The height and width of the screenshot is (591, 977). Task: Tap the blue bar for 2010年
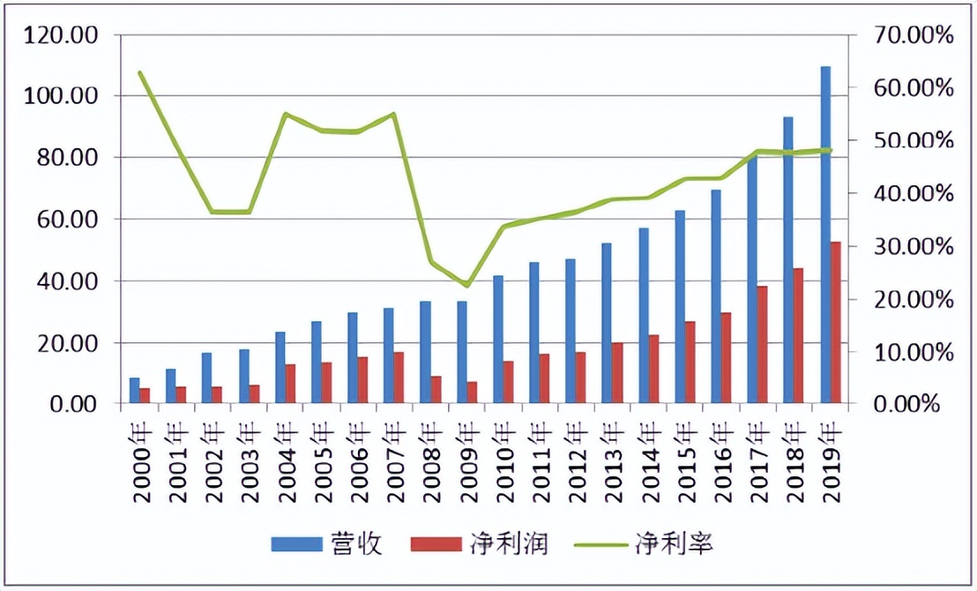point(498,340)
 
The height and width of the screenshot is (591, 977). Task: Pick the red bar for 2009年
point(472,393)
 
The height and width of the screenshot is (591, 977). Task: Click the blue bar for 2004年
point(280,368)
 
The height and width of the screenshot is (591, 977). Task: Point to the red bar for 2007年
point(399,378)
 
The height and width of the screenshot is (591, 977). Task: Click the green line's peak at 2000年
point(140,72)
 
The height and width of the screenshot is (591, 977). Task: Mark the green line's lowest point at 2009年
point(467,285)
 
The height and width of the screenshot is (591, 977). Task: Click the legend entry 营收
point(327,543)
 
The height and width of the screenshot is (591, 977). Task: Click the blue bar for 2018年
point(788,260)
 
